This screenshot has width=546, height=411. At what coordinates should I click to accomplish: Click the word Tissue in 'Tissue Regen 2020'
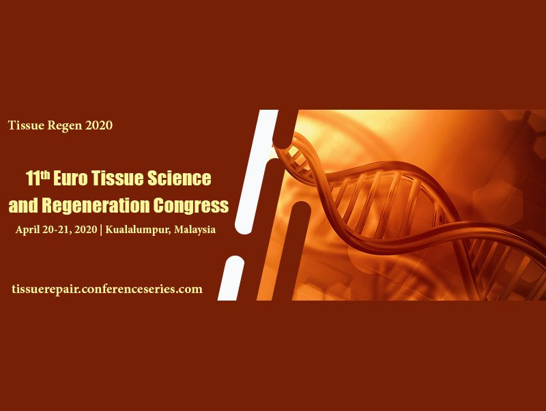point(26,125)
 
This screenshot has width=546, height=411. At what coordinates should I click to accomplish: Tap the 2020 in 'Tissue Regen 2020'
point(99,125)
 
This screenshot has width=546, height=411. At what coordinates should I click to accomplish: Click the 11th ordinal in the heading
point(38,177)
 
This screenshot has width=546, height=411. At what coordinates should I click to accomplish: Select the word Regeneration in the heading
point(96,205)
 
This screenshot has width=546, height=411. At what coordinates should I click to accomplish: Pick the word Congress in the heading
point(191,206)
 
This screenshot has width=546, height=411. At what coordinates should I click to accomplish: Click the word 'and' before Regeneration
point(23,205)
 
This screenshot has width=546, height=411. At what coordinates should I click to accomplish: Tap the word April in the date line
point(27,230)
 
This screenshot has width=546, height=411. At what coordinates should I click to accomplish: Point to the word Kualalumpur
point(139,230)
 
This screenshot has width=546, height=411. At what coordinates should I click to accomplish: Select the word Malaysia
point(195,230)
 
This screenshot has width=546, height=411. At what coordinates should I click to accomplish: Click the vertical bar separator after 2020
point(101,230)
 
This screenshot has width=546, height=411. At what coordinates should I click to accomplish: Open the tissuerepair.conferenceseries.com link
point(107,289)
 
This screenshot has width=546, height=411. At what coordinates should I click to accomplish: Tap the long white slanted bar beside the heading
point(257,172)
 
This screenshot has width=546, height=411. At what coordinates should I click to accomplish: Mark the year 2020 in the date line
point(86,230)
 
